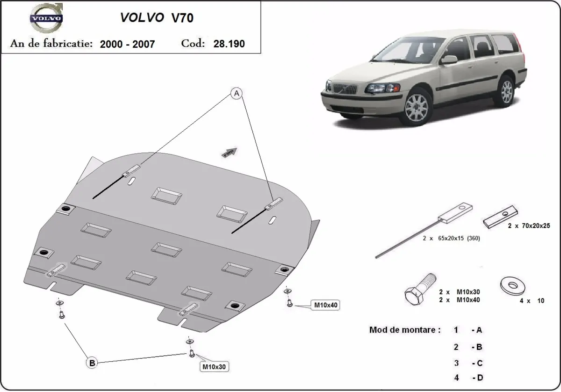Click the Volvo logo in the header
[46, 19]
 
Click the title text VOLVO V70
[157, 18]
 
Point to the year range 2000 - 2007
[127, 44]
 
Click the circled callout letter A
[237, 94]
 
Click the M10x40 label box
[326, 305]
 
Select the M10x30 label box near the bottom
[215, 367]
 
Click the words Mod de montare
[405, 330]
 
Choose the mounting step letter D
[479, 378]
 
